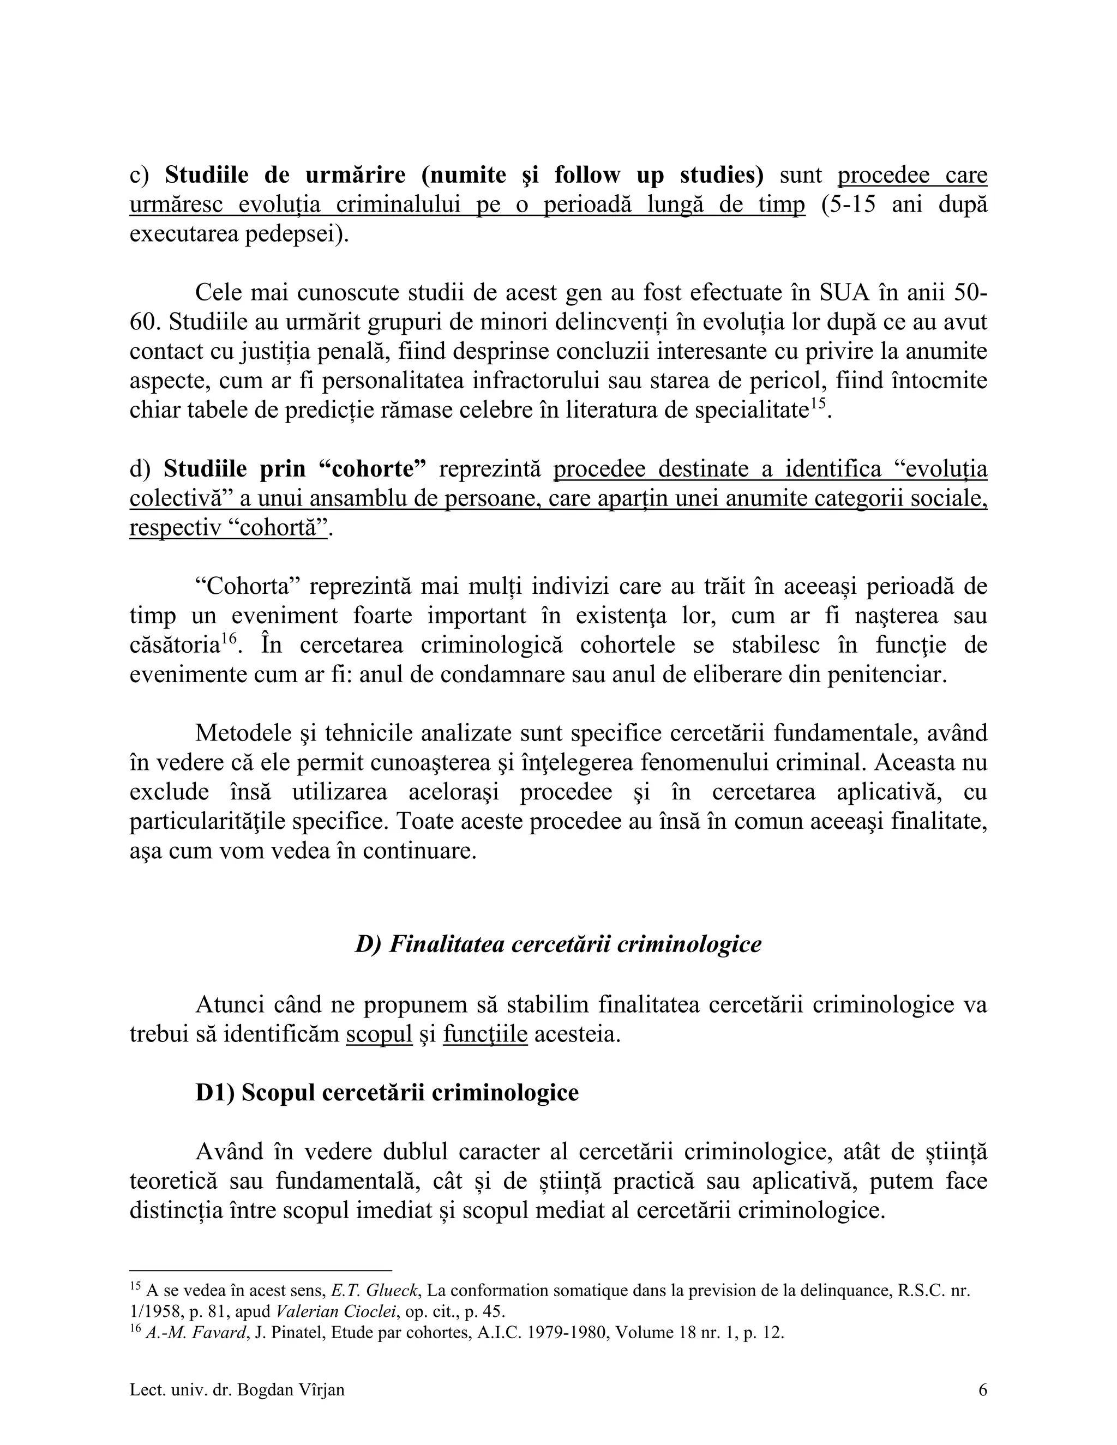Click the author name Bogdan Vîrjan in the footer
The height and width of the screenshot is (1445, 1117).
(x=291, y=1390)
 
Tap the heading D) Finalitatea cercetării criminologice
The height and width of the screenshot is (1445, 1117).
(x=558, y=944)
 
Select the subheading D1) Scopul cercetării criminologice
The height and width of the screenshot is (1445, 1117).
(x=387, y=1092)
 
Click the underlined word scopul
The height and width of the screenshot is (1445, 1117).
(x=379, y=1034)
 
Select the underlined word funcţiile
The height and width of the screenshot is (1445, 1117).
(x=485, y=1034)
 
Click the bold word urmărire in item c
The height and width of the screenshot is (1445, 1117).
(x=356, y=176)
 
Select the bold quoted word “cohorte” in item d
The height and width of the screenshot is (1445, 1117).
(x=370, y=469)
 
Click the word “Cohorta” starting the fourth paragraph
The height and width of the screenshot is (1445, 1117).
(x=248, y=587)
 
